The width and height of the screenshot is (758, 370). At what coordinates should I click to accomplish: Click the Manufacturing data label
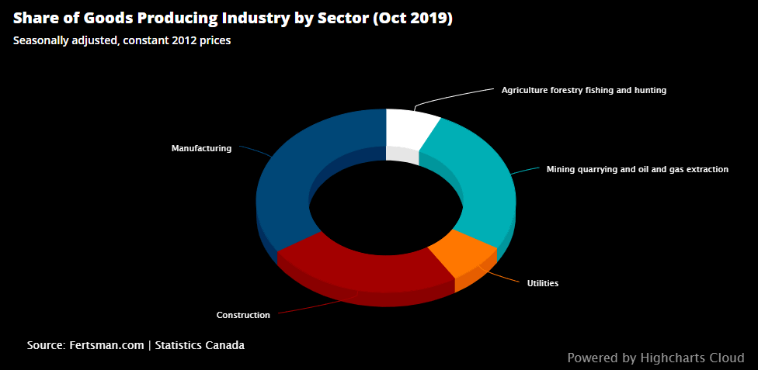201,148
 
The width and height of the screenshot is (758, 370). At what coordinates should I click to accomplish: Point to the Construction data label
243,315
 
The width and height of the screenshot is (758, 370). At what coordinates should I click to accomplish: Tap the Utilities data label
543,283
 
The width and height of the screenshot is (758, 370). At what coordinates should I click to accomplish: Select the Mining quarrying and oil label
637,168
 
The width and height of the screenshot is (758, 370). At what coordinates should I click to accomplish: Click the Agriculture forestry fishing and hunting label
583,90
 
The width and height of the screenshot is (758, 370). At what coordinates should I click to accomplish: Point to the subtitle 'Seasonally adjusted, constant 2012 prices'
122,40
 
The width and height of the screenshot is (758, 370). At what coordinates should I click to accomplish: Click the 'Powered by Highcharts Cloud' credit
655,358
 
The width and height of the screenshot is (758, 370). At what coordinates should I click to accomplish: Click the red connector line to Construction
311,307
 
